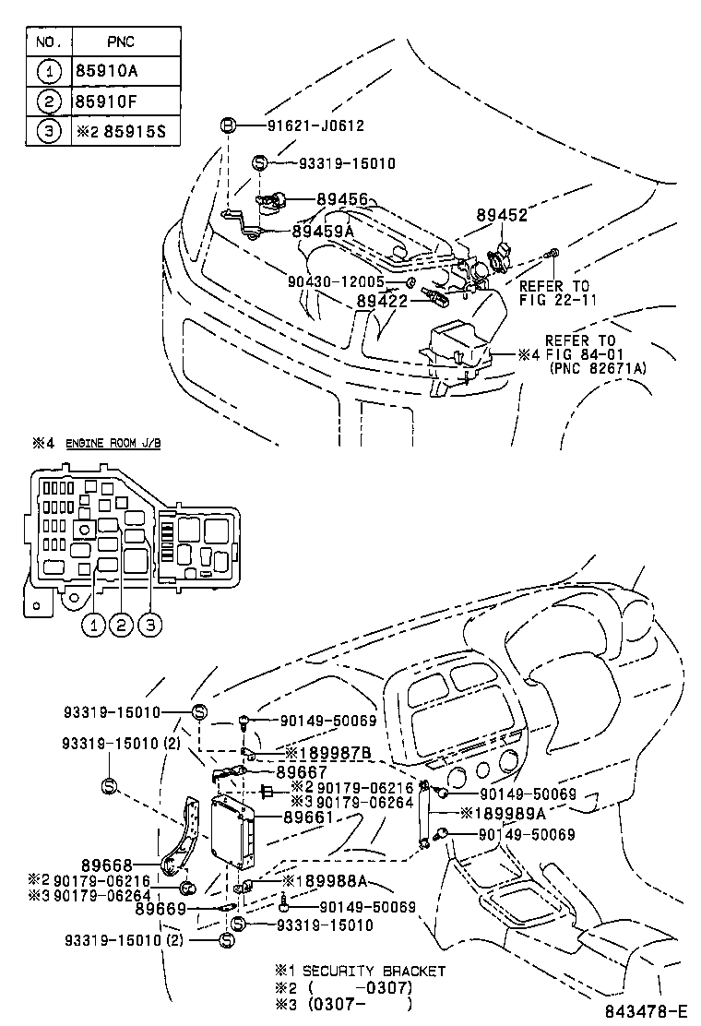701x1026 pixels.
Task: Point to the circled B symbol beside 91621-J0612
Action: (x=227, y=125)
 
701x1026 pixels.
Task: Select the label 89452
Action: (x=502, y=215)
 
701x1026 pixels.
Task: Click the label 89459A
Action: (x=323, y=231)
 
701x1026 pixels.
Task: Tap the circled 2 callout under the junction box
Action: (x=121, y=626)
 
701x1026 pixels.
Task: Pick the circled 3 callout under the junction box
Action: (x=150, y=626)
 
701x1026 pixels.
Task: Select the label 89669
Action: (x=161, y=909)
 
